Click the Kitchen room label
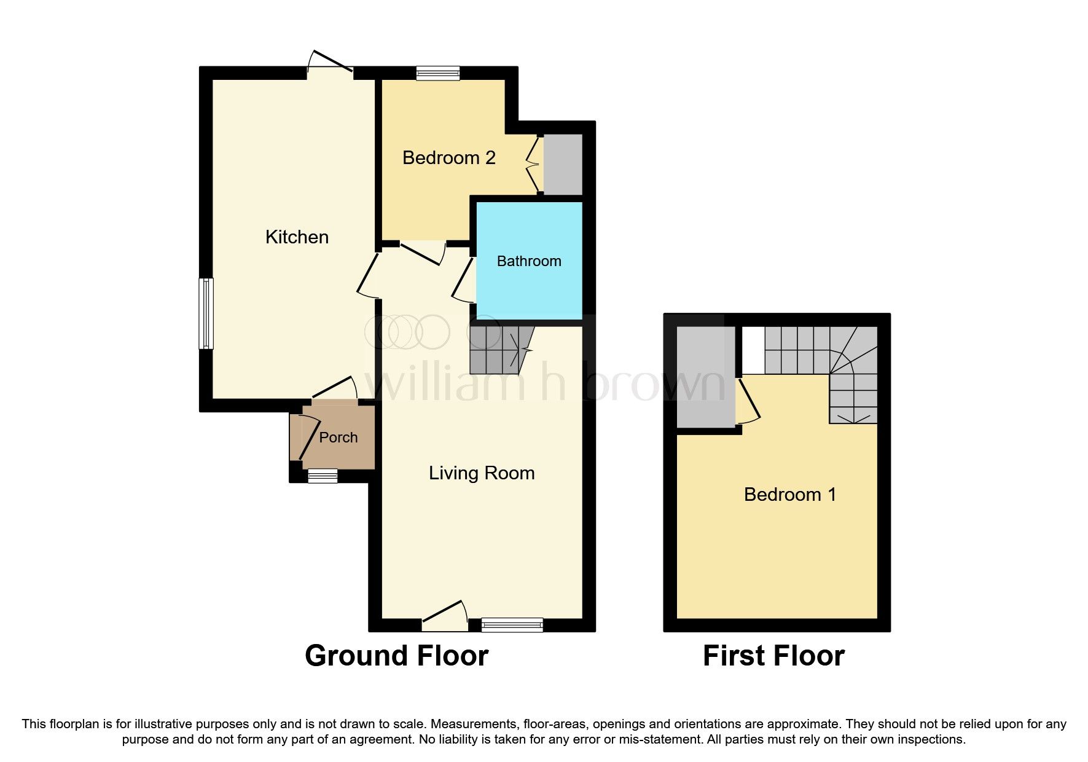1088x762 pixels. [x=297, y=237]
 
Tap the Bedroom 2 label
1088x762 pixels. [x=448, y=158]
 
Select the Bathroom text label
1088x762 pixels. [x=528, y=261]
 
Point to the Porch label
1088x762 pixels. [x=338, y=438]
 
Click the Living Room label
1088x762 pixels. [x=482, y=473]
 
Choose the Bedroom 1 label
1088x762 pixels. [x=789, y=495]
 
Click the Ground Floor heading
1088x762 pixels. [x=396, y=656]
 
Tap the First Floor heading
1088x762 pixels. [x=773, y=656]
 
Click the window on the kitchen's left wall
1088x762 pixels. [x=206, y=313]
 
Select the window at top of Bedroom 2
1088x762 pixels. [x=437, y=73]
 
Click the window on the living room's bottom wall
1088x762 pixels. [x=512, y=625]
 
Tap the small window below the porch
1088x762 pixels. [x=323, y=476]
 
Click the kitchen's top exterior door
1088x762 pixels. [x=330, y=65]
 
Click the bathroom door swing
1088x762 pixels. [x=463, y=280]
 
